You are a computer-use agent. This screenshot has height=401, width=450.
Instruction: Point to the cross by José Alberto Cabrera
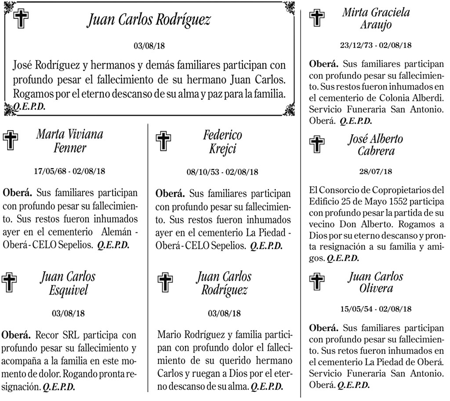(316, 144)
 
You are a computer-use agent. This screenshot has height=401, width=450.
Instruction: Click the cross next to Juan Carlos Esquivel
(11, 283)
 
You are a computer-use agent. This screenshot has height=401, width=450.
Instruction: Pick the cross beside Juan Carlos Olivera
(316, 282)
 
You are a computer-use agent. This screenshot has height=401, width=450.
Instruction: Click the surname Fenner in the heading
(70, 148)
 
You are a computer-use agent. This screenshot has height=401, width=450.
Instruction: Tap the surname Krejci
(223, 148)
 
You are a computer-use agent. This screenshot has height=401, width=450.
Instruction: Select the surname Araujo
(376, 24)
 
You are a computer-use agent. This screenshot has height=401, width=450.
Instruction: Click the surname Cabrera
(376, 151)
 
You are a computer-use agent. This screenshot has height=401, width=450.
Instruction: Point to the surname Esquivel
(68, 290)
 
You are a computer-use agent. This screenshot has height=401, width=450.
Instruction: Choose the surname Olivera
(376, 289)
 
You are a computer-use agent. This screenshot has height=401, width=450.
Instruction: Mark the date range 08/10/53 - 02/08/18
(222, 172)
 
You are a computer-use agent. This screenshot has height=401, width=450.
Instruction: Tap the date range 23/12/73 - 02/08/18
(376, 45)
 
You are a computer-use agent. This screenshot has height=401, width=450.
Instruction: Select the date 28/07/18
(376, 172)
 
